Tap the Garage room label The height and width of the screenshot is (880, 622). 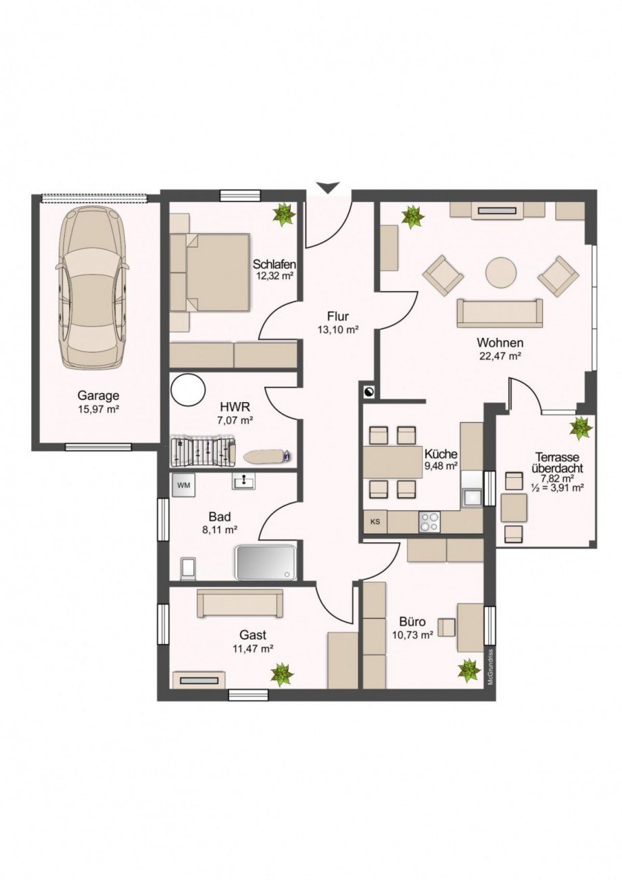point(98,395)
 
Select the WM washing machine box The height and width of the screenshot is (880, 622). point(183,485)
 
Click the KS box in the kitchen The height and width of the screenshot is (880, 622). point(375,522)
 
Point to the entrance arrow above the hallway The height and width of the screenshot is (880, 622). point(328,188)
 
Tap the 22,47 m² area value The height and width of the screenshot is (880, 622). point(500,357)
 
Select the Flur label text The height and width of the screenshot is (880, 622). point(338,316)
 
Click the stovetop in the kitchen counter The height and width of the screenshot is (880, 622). point(429,522)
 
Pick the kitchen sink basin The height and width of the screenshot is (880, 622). point(471,497)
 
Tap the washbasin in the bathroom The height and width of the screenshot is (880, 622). point(243,481)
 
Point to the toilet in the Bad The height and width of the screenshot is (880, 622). point(188,568)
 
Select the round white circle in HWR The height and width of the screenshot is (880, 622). point(188,391)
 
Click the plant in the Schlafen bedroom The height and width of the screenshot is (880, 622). point(284,215)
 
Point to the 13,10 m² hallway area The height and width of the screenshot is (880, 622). point(338,330)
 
